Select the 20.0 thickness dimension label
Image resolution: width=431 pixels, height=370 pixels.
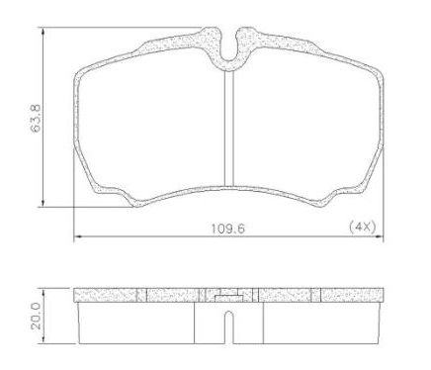[x=36, y=316]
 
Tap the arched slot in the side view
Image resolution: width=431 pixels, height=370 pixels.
[x=229, y=325]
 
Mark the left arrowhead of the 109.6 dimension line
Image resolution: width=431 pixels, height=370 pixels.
[x=79, y=237]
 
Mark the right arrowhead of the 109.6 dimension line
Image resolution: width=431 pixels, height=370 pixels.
[x=382, y=237]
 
